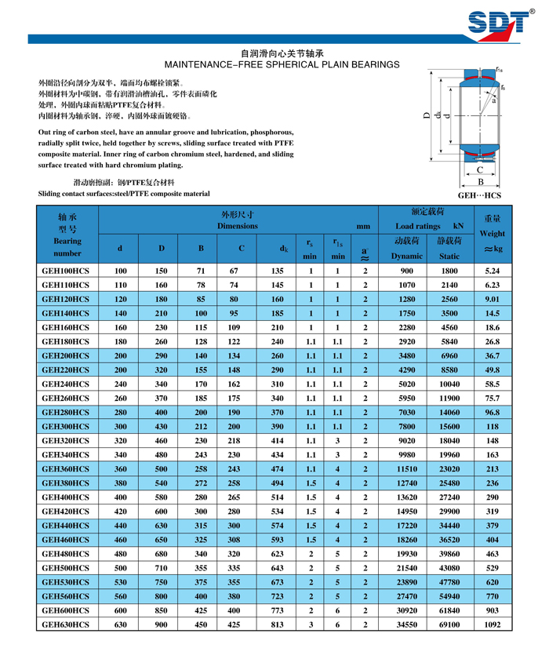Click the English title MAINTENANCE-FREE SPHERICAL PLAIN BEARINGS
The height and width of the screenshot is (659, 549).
[274, 64]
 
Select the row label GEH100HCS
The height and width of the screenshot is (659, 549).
[65, 271]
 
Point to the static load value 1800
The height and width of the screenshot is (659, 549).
[449, 271]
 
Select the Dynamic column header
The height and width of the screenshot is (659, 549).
[407, 256]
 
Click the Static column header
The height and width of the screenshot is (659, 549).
[449, 256]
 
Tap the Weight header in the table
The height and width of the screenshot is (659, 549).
[493, 234]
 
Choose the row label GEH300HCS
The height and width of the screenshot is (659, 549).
[65, 426]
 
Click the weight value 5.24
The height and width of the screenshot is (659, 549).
[493, 271]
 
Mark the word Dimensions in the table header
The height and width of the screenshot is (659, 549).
[238, 226]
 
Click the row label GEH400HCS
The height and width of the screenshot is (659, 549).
[65, 497]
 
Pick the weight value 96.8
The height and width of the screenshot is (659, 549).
[493, 412]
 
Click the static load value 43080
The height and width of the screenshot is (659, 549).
[449, 567]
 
